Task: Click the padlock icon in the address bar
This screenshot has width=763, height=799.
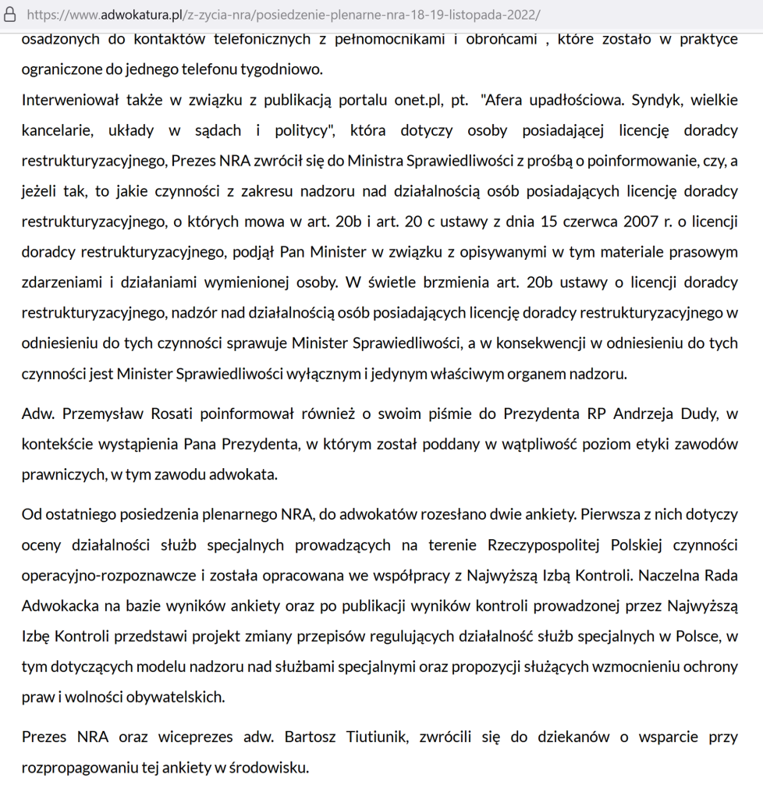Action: (11, 15)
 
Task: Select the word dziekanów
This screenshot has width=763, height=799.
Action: (538, 737)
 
